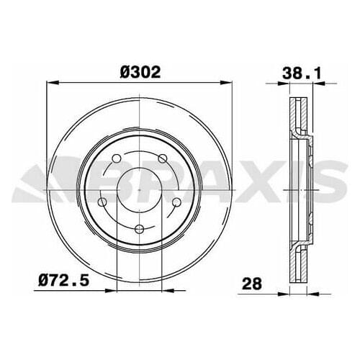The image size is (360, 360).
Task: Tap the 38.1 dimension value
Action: pos(297,73)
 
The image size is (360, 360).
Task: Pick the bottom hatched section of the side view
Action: pos(301,263)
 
